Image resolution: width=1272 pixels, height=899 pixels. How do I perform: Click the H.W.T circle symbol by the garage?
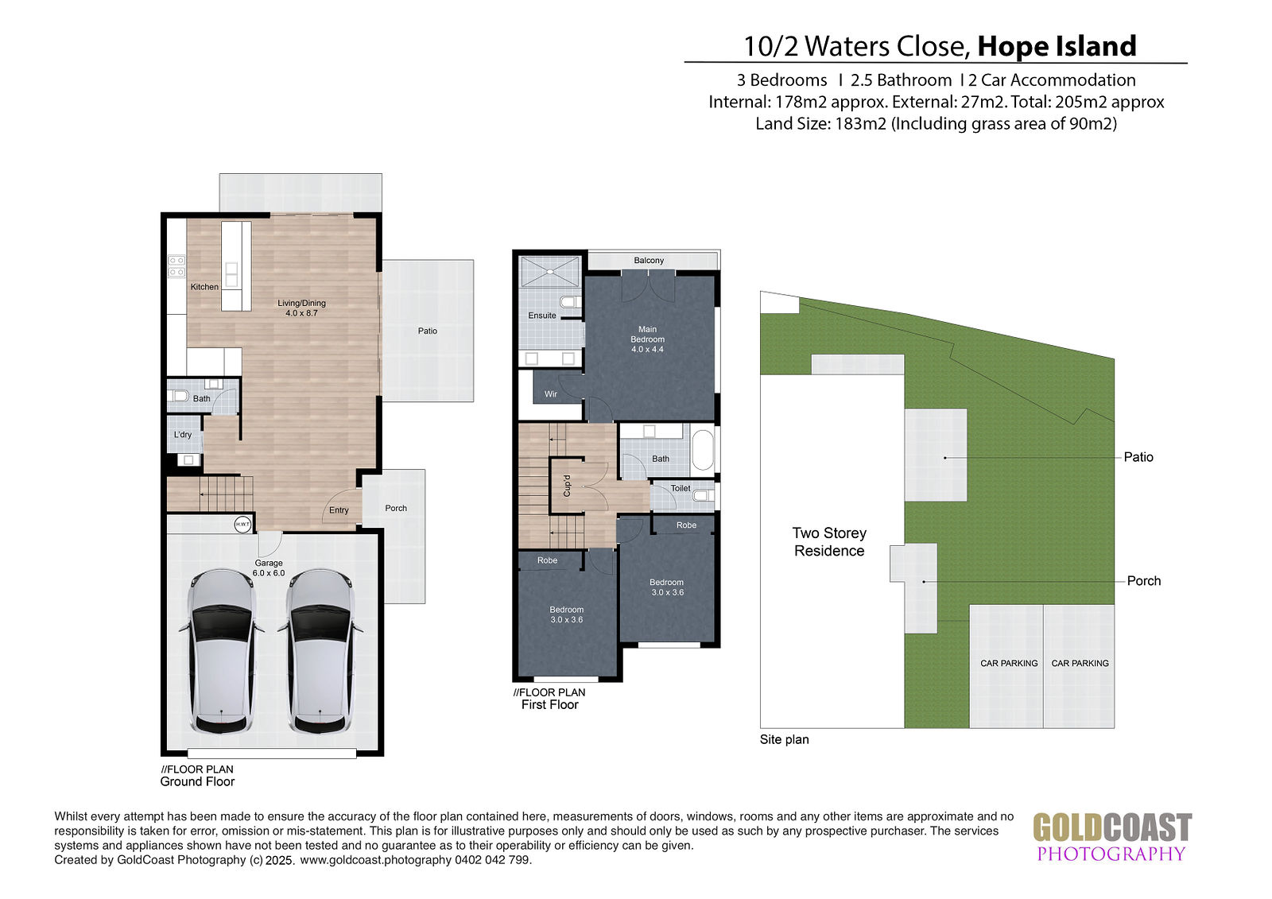pyautogui.click(x=242, y=524)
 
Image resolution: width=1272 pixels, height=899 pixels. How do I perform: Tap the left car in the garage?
pyautogui.click(x=222, y=651)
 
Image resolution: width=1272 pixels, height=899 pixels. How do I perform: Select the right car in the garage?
pyautogui.click(x=320, y=651)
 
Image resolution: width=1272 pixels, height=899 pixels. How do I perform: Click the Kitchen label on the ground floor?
pyautogui.click(x=204, y=287)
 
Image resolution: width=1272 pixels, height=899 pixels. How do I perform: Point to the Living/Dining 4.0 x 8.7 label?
pyautogui.click(x=301, y=308)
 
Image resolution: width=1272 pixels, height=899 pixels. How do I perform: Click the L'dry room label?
pyautogui.click(x=183, y=435)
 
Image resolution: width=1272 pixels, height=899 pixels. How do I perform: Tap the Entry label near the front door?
pyautogui.click(x=339, y=510)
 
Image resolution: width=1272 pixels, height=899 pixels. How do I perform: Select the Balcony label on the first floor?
pyautogui.click(x=649, y=260)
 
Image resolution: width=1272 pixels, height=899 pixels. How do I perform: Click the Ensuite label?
pyautogui.click(x=542, y=316)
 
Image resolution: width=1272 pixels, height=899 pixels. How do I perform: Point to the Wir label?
pyautogui.click(x=551, y=393)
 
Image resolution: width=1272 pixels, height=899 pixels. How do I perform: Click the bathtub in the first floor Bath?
pyautogui.click(x=703, y=450)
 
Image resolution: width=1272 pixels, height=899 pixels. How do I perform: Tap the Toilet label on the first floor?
pyautogui.click(x=681, y=488)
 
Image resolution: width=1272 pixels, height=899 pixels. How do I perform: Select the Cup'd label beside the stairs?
pyautogui.click(x=567, y=486)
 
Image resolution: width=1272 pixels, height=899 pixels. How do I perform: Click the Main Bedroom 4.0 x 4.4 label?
pyautogui.click(x=647, y=339)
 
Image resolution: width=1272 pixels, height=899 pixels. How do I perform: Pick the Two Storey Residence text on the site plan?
pyautogui.click(x=829, y=542)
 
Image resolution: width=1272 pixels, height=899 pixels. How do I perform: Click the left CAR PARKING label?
pyautogui.click(x=1009, y=663)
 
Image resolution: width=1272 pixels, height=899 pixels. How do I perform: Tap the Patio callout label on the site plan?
pyautogui.click(x=1138, y=457)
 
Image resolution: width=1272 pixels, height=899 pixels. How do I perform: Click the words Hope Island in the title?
pyautogui.click(x=1057, y=46)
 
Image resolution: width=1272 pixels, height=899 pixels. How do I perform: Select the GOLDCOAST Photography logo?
pyautogui.click(x=1112, y=837)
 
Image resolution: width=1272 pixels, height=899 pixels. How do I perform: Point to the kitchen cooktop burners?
pyautogui.click(x=176, y=266)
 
